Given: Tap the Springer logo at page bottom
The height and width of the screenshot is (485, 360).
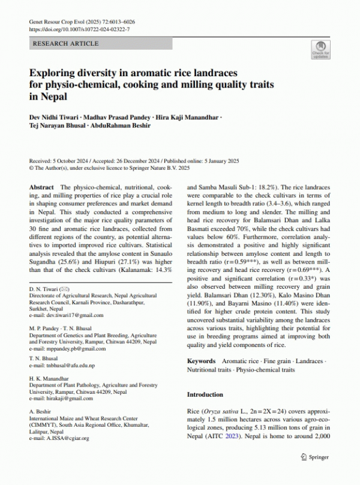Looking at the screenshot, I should [x=314, y=457].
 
